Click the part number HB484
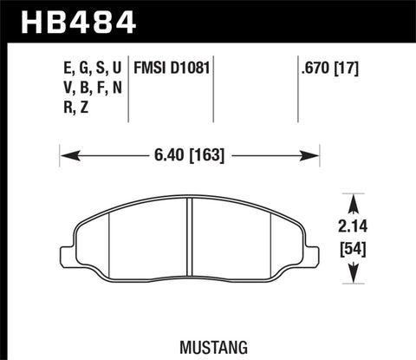pos(71,19)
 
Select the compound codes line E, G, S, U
pos(86,66)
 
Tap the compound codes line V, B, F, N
pos(86,87)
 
